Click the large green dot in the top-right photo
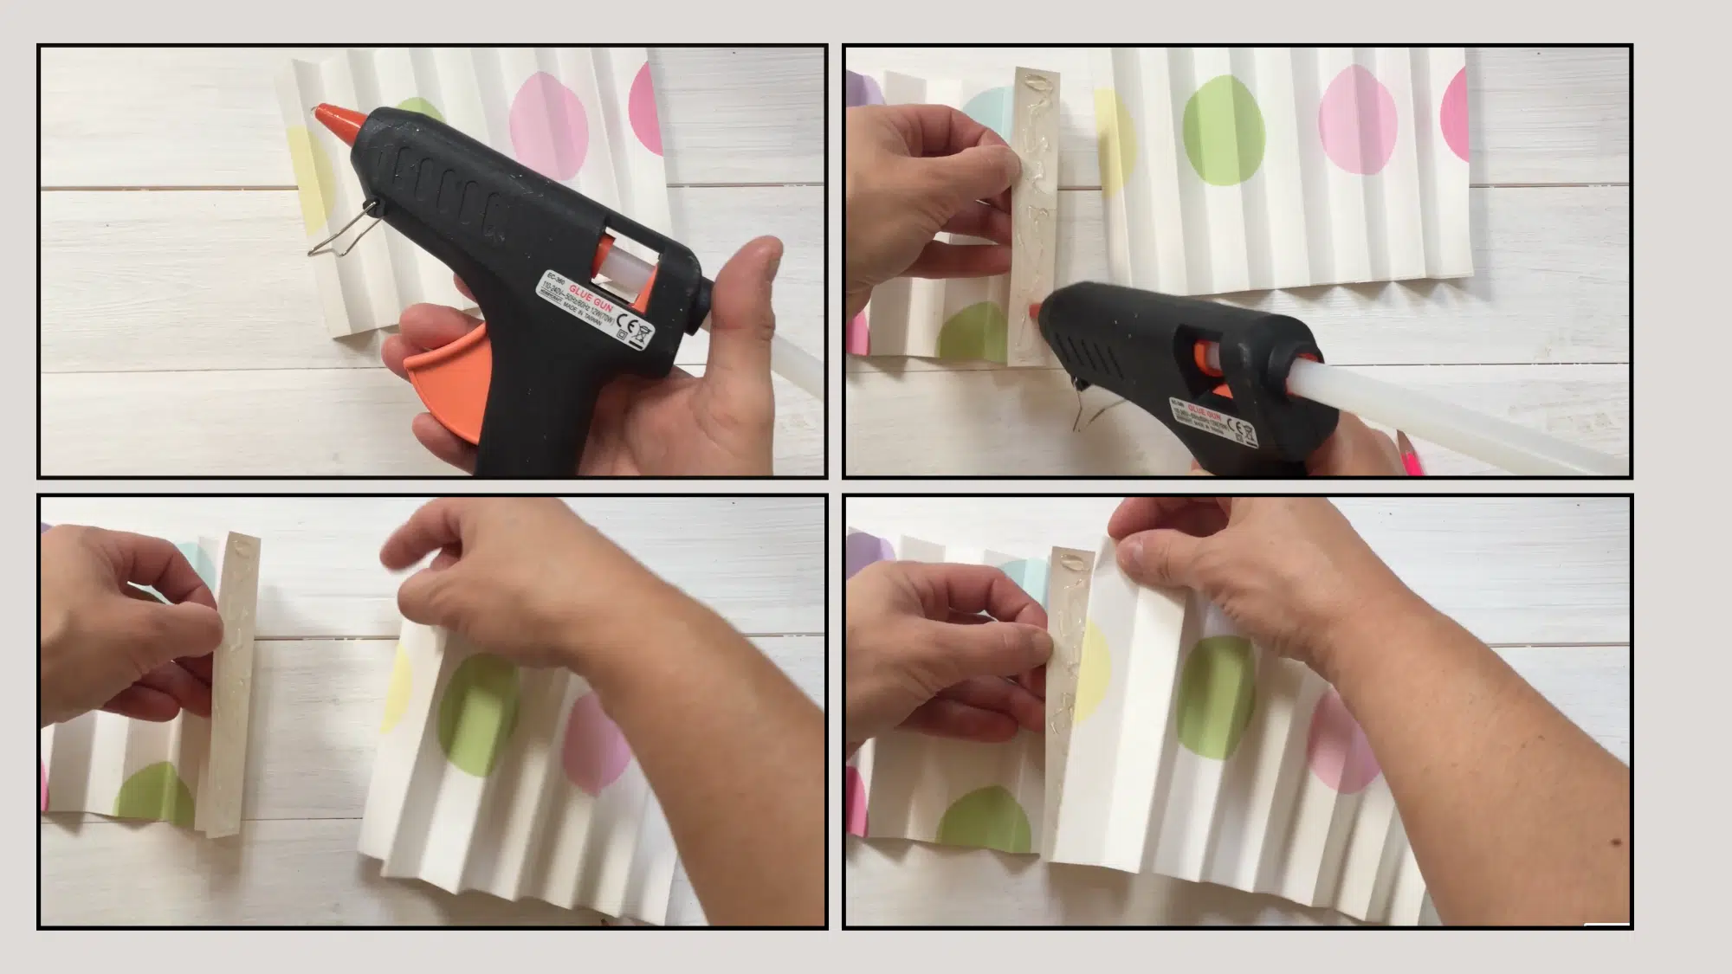coord(1223,130)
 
